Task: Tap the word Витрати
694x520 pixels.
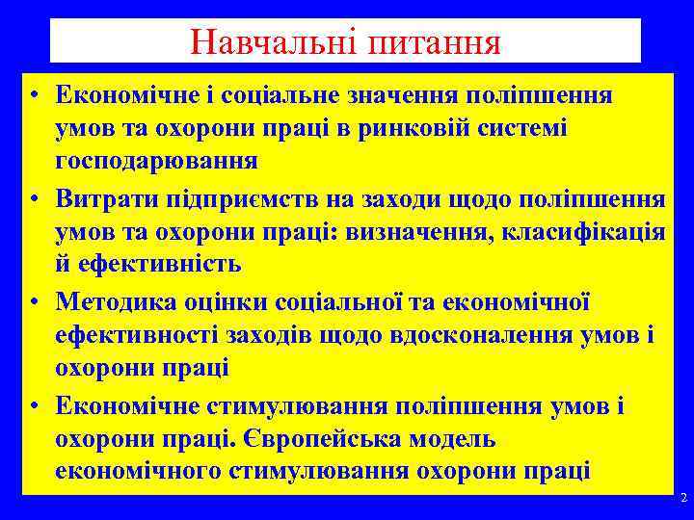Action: point(105,199)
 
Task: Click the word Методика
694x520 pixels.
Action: point(113,303)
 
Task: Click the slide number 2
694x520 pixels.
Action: point(682,499)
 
